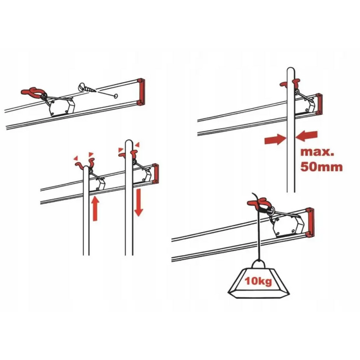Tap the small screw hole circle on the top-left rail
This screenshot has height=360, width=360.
[116, 96]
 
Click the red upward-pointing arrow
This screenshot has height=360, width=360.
[95, 208]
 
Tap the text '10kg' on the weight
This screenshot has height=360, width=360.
[258, 281]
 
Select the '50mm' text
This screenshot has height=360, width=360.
[321, 167]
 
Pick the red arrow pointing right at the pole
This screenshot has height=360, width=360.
[275, 139]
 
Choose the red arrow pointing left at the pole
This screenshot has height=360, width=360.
[307, 136]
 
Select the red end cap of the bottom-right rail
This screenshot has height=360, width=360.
[310, 222]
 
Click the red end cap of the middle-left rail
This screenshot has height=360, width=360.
[155, 173]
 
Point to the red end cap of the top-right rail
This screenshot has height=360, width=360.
[319, 104]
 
